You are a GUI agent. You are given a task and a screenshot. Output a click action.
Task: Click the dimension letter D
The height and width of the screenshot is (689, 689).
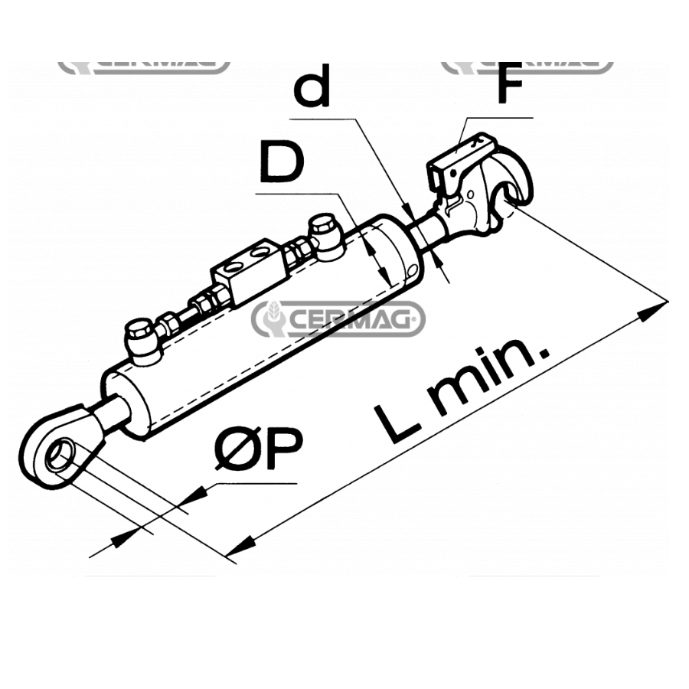[x=282, y=162]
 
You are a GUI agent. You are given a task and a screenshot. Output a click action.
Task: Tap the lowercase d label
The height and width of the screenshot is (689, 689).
[x=312, y=85]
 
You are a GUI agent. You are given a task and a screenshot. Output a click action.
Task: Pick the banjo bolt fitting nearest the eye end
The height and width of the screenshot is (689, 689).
[x=142, y=341]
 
